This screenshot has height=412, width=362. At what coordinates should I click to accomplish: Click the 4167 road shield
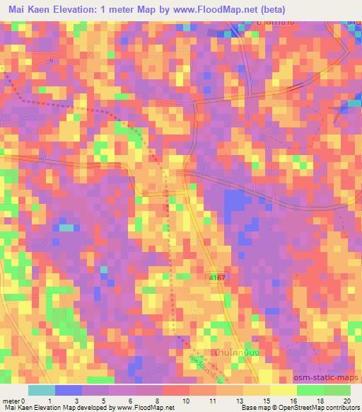(216, 277)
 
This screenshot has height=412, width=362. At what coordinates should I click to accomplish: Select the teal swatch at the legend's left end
(41, 389)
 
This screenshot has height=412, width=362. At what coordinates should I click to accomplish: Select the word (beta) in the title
(270, 11)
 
